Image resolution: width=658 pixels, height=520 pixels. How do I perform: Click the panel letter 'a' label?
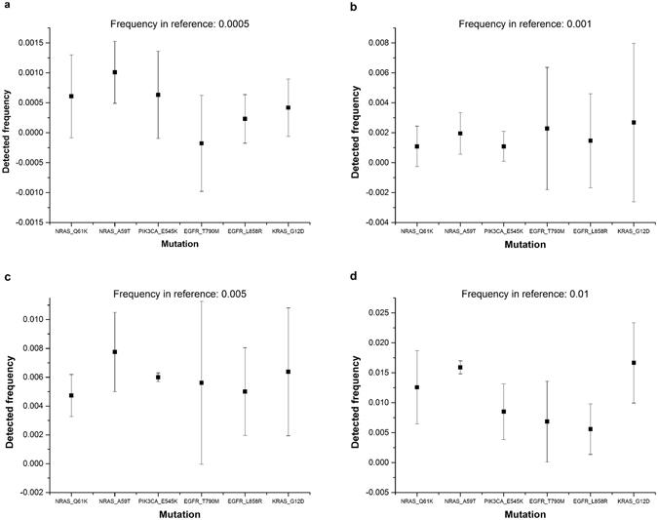(x=5, y=6)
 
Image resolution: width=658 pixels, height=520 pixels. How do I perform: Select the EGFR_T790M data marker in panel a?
(x=201, y=143)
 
